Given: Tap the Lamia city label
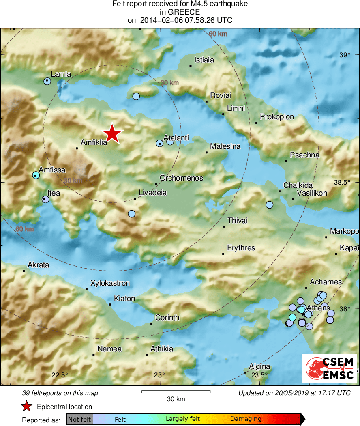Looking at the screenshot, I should pyautogui.click(x=60, y=74).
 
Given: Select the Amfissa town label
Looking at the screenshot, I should pyautogui.click(x=52, y=170).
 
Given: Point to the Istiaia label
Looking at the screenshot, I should pyautogui.click(x=204, y=60).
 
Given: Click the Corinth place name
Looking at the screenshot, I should pyautogui.click(x=167, y=318).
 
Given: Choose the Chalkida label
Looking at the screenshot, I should pyautogui.click(x=298, y=185).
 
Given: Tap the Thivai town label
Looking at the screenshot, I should pyautogui.click(x=238, y=221).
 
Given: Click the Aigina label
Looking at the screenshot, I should pyautogui.click(x=259, y=366).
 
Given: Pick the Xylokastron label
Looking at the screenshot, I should pyautogui.click(x=110, y=283).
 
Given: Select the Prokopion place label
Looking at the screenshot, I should pyautogui.click(x=277, y=117).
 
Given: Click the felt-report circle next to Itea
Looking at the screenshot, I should pyautogui.click(x=45, y=199).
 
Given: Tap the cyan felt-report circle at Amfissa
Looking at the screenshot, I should pyautogui.click(x=36, y=175).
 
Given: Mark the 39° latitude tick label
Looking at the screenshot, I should pyautogui.click(x=344, y=55).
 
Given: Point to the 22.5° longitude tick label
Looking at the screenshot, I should pyautogui.click(x=60, y=374).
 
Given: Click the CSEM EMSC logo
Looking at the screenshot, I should pyautogui.click(x=329, y=368).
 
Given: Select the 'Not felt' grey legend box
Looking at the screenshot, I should pyautogui.click(x=79, y=419).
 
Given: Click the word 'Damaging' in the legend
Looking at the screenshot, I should pyautogui.click(x=246, y=419).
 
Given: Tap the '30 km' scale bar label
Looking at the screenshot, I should pyautogui.click(x=176, y=399).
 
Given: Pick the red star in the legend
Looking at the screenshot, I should pyautogui.click(x=27, y=407).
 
